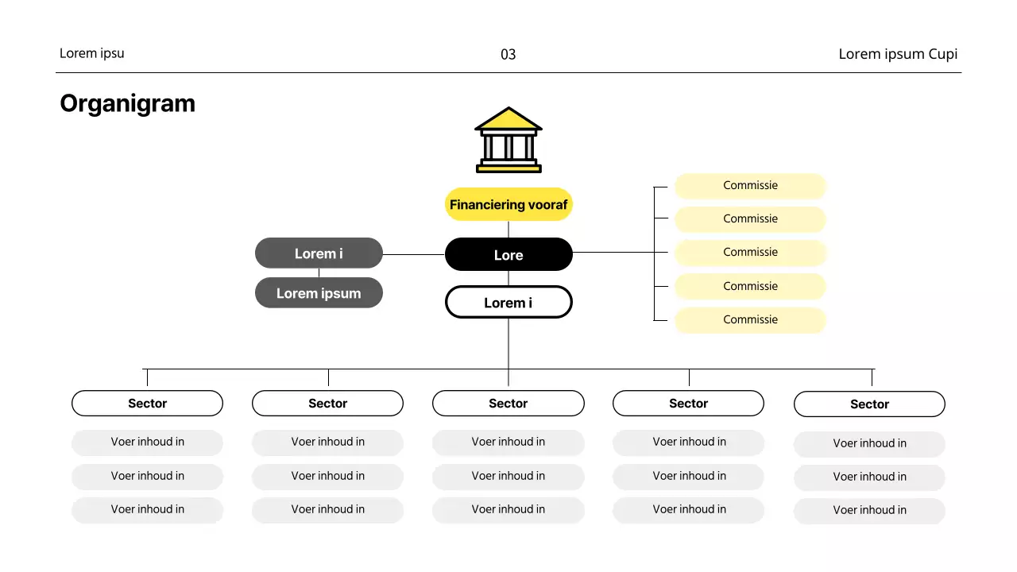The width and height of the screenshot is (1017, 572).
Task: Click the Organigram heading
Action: pyautogui.click(x=127, y=103)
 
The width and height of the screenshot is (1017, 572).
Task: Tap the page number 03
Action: pyautogui.click(x=508, y=54)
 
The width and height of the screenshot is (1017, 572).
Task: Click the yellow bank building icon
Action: pyautogui.click(x=508, y=141)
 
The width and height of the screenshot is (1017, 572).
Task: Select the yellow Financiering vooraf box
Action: pyautogui.click(x=508, y=205)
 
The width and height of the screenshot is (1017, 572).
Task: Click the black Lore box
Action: pyautogui.click(x=508, y=255)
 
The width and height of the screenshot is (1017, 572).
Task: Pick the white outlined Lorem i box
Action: pyautogui.click(x=508, y=303)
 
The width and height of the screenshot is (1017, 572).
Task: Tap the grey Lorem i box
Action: pyautogui.click(x=319, y=253)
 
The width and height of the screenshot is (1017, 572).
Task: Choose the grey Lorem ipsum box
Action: pyautogui.click(x=319, y=293)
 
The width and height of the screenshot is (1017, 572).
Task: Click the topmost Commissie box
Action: pyautogui.click(x=750, y=186)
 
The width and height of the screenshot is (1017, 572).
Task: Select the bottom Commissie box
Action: pyautogui.click(x=750, y=320)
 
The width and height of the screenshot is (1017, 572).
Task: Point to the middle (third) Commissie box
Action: pyautogui.click(x=750, y=253)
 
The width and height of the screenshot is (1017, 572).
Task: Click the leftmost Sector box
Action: pyautogui.click(x=147, y=404)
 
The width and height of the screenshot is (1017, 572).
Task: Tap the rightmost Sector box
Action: pyautogui.click(x=869, y=404)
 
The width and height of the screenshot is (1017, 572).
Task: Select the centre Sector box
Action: pyautogui.click(x=508, y=404)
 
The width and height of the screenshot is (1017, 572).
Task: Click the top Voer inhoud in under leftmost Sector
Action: pyautogui.click(x=147, y=443)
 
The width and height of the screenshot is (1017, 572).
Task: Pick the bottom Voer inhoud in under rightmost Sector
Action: pyautogui.click(x=869, y=511)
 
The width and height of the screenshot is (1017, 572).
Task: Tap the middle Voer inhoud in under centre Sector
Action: pyautogui.click(x=508, y=477)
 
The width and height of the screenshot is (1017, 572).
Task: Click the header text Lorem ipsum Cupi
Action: pyautogui.click(x=898, y=54)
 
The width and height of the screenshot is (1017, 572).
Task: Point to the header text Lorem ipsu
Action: pyautogui.click(x=92, y=53)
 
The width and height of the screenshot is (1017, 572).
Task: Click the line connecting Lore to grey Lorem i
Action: pyautogui.click(x=413, y=255)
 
